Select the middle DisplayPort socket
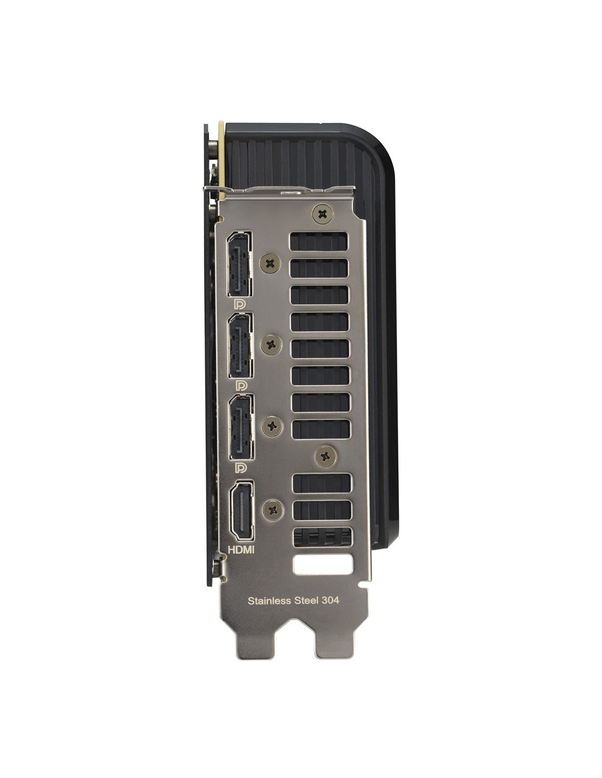(240, 345)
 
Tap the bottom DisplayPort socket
(242, 427)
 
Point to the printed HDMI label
(241, 549)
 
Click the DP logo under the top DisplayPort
(239, 304)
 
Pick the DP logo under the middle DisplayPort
(241, 386)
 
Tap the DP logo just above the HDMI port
(241, 468)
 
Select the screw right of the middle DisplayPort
(271, 345)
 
